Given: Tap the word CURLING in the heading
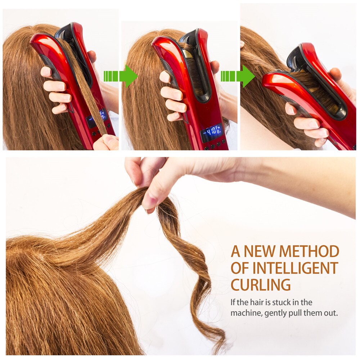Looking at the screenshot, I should click(261, 285).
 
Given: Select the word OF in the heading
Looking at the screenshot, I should click(242, 268).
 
